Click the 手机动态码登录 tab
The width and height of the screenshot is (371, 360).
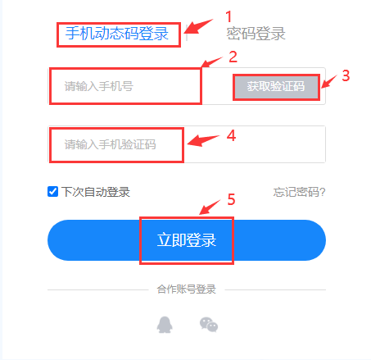pos(117,34)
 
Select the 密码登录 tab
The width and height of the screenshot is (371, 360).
pos(256,34)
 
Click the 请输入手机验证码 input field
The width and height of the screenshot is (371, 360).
pos(187,144)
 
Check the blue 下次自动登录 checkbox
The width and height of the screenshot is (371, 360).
pos(52,192)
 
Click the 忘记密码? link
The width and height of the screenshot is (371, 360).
pos(299,192)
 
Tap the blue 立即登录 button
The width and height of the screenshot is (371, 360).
pos(187,240)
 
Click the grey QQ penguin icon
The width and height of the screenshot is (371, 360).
pos(165,325)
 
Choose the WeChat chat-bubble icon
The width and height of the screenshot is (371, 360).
pos(209,325)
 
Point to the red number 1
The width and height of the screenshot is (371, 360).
pos(228,16)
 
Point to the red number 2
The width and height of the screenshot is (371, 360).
pos(233,57)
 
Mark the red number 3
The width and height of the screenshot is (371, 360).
pos(346,75)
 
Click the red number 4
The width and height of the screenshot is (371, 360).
pos(231,135)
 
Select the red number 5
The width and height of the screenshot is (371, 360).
pos(231,199)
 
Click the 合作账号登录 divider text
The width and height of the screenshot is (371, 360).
pos(187,289)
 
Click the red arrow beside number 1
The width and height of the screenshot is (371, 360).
pos(200,26)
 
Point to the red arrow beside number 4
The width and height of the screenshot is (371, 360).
pos(203,140)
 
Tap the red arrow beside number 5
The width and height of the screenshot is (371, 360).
pos(210,207)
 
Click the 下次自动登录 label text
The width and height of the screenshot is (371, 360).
pos(96,192)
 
